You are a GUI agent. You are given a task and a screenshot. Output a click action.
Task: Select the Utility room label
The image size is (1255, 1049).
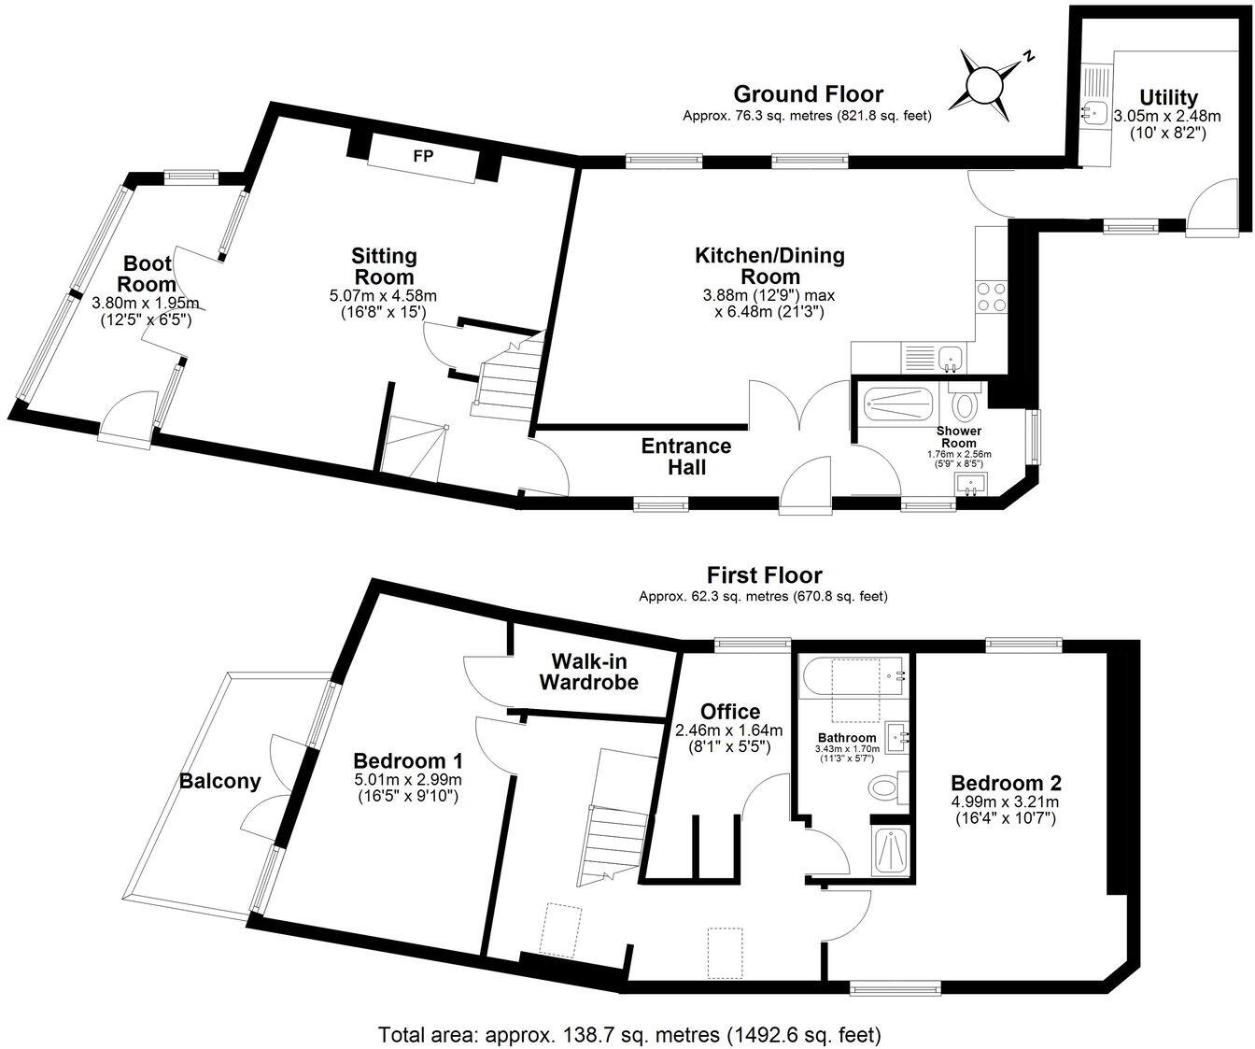click(1168, 97)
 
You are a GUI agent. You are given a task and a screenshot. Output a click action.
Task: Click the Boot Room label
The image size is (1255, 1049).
click(148, 274)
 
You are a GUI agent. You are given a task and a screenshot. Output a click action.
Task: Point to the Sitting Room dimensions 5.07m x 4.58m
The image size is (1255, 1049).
click(383, 296)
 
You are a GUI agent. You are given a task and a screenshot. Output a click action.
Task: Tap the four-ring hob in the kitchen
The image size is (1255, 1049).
click(990, 296)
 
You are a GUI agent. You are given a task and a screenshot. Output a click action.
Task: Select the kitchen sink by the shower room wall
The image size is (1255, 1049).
click(950, 356)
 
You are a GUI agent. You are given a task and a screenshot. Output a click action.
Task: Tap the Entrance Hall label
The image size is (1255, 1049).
click(686, 456)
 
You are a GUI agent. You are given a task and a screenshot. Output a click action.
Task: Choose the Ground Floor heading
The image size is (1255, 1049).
click(808, 93)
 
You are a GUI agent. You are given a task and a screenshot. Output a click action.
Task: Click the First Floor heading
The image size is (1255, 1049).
click(764, 574)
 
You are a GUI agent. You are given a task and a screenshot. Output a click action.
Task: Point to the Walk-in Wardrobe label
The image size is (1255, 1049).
click(588, 671)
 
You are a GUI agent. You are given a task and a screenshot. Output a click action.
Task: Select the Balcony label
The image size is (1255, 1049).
click(220, 781)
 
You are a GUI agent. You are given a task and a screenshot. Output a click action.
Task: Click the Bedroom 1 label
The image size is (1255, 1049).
click(410, 758)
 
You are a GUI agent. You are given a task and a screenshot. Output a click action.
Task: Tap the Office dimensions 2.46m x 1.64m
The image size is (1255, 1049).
click(728, 730)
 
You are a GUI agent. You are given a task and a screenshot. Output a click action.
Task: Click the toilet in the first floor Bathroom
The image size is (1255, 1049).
click(884, 787)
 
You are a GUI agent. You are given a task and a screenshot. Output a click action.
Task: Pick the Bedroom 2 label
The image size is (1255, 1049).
click(1005, 783)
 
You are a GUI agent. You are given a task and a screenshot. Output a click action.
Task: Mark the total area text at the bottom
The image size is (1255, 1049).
click(629, 1035)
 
